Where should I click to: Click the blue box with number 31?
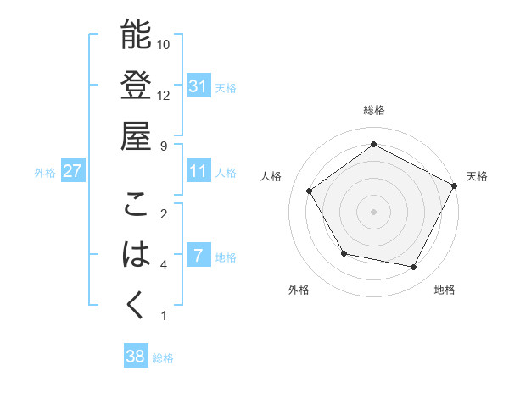(199, 86)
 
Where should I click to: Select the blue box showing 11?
(199, 171)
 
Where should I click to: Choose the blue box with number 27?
(73, 171)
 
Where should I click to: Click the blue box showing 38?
(136, 357)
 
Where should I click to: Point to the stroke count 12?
(164, 95)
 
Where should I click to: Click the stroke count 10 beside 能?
(164, 44)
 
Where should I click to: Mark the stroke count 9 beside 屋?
(164, 146)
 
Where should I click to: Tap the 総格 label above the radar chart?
(374, 110)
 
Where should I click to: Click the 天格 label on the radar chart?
(477, 176)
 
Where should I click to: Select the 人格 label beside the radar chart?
(271, 176)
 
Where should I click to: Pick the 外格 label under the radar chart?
(299, 290)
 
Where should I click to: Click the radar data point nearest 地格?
(414, 267)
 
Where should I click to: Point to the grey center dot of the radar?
(373, 211)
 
